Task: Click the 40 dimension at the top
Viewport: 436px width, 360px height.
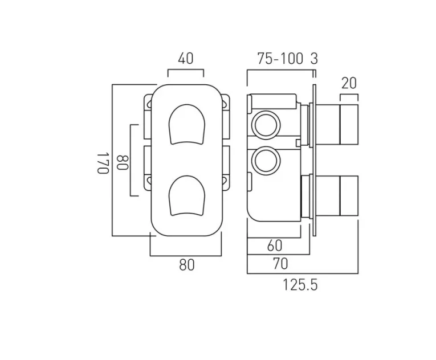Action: [x=186, y=58]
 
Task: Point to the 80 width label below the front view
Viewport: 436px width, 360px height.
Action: [x=186, y=265]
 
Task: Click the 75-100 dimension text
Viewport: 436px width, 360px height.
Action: [x=279, y=58]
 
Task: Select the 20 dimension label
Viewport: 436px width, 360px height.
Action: [x=349, y=83]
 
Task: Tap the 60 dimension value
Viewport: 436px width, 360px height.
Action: [x=274, y=246]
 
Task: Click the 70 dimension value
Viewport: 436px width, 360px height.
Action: [x=279, y=264]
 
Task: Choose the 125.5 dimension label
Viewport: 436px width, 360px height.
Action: [x=300, y=285]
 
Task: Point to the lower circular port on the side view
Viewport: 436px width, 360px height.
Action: [x=266, y=159]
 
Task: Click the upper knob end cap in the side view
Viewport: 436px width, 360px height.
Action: [x=349, y=124]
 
